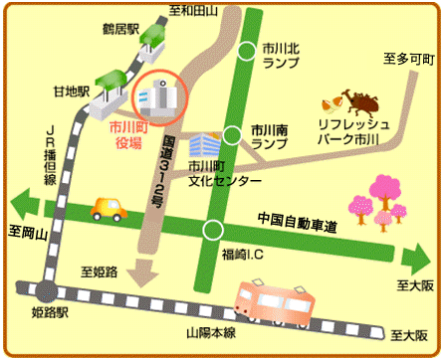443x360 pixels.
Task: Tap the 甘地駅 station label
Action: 72,90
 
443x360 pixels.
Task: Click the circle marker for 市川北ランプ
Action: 248,53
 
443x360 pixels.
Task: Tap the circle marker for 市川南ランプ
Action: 232,135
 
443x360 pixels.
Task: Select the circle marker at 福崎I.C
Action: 211,231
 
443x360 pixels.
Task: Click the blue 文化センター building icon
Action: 203,143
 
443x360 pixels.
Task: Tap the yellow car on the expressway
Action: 109,209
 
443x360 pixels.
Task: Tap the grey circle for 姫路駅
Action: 46,292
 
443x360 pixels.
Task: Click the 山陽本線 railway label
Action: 209,333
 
